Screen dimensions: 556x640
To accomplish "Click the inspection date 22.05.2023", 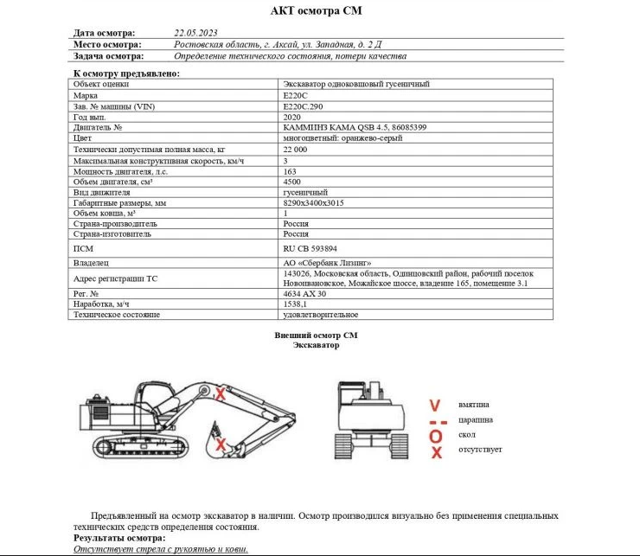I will point(195,33).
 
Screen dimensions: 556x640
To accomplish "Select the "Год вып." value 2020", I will point(292,117).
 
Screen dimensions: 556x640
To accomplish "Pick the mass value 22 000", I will point(295,150).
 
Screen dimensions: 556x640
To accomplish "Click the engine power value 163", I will point(290,171).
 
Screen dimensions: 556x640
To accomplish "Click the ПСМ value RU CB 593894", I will point(311,247).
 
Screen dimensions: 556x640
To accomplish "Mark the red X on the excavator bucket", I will point(221,444).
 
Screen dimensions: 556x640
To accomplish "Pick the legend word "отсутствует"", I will point(481,451).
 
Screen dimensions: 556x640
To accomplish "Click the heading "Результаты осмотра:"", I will point(118,538).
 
